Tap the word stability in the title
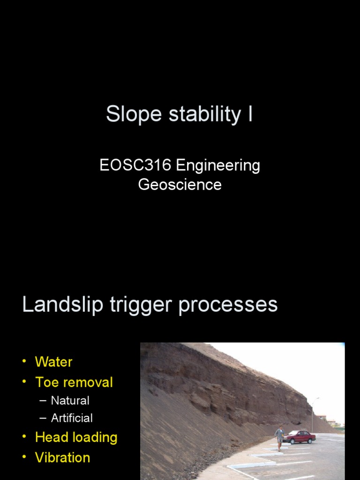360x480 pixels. pos(195,114)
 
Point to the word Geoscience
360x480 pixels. pos(180,184)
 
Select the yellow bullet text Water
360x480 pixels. pos(53,362)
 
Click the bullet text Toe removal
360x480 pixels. pos(74,382)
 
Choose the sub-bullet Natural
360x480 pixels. pos(70,401)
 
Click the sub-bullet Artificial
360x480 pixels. pos(72,418)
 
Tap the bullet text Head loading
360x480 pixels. pos(76,438)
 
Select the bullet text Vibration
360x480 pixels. pos(62,457)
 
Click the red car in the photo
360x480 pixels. pos(300,436)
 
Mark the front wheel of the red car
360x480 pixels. pos(292,441)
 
